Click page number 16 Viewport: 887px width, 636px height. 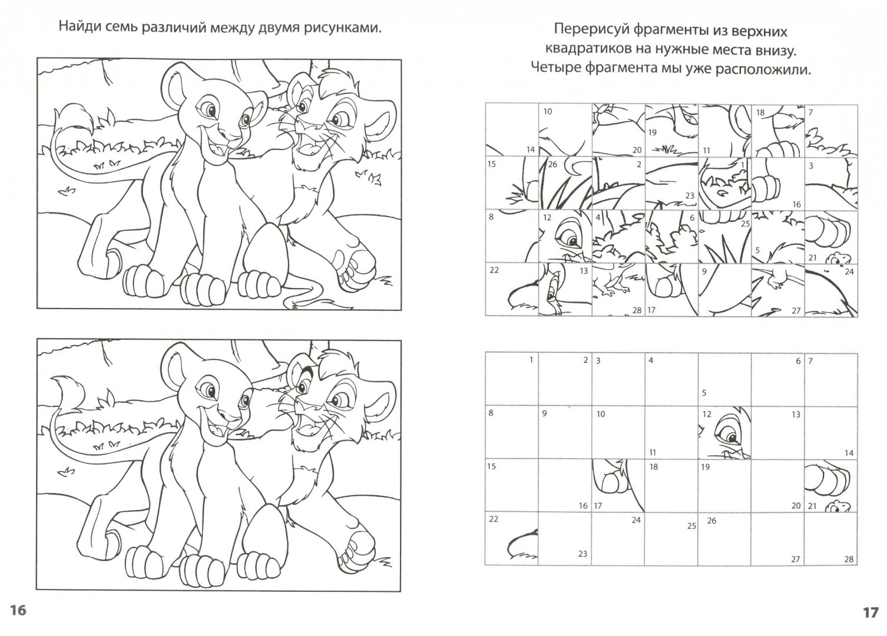pyautogui.click(x=18, y=610)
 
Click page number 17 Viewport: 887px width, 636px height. pyautogui.click(x=871, y=612)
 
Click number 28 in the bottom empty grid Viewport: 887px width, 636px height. pyautogui.click(x=849, y=559)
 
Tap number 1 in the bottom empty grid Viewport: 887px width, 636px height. pyautogui.click(x=531, y=360)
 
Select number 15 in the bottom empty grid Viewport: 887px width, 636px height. pyautogui.click(x=491, y=466)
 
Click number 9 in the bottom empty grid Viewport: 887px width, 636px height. pyautogui.click(x=544, y=413)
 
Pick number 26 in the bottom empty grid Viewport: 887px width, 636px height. pyautogui.click(x=711, y=521)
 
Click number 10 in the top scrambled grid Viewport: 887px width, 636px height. pyautogui.click(x=548, y=111)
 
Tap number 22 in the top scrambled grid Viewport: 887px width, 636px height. pyautogui.click(x=494, y=270)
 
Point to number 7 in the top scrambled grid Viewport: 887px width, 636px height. pyautogui.click(x=810, y=112)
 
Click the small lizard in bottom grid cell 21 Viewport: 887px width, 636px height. pyautogui.click(x=838, y=506)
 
